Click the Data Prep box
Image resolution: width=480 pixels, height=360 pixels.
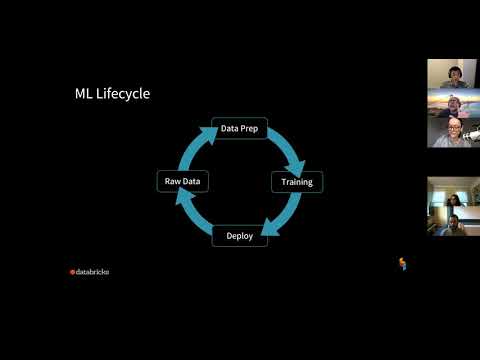240,128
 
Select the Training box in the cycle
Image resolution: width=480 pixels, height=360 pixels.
297,182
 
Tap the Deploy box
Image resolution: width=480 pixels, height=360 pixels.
240,237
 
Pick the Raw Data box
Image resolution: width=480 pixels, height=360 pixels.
183,182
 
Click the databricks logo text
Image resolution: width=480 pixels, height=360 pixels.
93,271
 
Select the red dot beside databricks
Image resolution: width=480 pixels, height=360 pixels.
72,271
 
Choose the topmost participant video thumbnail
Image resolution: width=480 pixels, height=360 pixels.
452,73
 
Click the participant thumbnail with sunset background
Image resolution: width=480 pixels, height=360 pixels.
452,103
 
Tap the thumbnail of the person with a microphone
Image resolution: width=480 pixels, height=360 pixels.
452,133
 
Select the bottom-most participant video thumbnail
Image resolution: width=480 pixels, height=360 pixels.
452,221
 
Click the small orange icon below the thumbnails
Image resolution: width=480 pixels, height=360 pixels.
403,264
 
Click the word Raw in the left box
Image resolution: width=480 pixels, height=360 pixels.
172,182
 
